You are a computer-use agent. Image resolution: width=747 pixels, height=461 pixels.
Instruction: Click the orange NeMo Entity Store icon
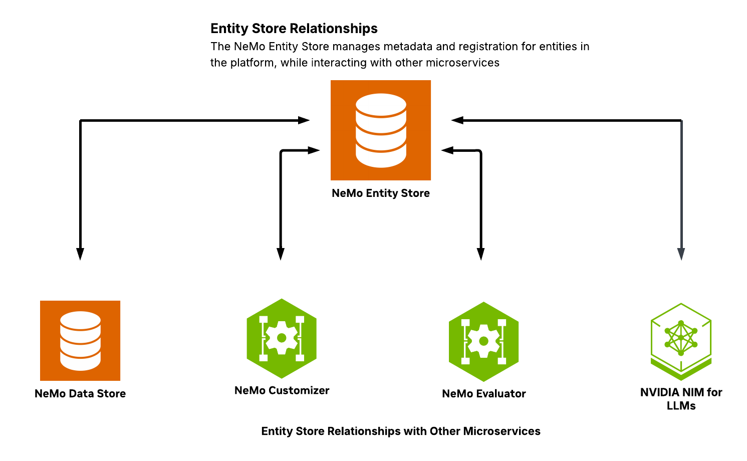click(381, 130)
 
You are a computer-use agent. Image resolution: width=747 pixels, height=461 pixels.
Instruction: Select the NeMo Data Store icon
click(80, 341)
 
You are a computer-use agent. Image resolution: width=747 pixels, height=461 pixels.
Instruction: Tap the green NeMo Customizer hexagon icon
click(282, 338)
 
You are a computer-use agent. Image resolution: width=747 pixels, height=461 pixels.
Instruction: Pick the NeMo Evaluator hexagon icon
click(483, 341)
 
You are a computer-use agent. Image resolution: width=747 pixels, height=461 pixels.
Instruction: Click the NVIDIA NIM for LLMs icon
click(681, 341)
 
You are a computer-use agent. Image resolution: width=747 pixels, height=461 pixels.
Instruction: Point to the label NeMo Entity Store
click(381, 193)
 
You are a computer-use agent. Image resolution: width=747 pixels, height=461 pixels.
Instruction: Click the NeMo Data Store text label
click(80, 394)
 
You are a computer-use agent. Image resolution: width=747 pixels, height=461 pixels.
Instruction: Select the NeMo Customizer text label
click(282, 391)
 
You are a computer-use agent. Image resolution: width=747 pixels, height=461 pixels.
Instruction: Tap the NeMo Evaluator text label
click(484, 394)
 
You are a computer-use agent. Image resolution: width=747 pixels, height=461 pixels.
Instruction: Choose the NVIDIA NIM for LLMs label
click(681, 399)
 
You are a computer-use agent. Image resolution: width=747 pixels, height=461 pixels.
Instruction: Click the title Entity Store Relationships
click(294, 29)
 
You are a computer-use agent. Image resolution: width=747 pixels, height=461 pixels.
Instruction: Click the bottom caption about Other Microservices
click(401, 431)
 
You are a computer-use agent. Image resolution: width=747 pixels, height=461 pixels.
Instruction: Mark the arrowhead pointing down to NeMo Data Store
click(80, 254)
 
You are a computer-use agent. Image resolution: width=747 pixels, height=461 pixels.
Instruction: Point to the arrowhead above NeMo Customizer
click(281, 254)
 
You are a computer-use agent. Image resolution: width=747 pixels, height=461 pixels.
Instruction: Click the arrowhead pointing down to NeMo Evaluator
click(481, 254)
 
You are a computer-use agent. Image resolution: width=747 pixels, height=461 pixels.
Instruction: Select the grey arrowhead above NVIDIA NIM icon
click(681, 254)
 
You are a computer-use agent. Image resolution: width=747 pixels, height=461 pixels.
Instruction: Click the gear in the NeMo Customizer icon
click(282, 338)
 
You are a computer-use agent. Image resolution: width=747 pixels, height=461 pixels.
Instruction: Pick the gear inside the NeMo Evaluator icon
click(483, 341)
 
